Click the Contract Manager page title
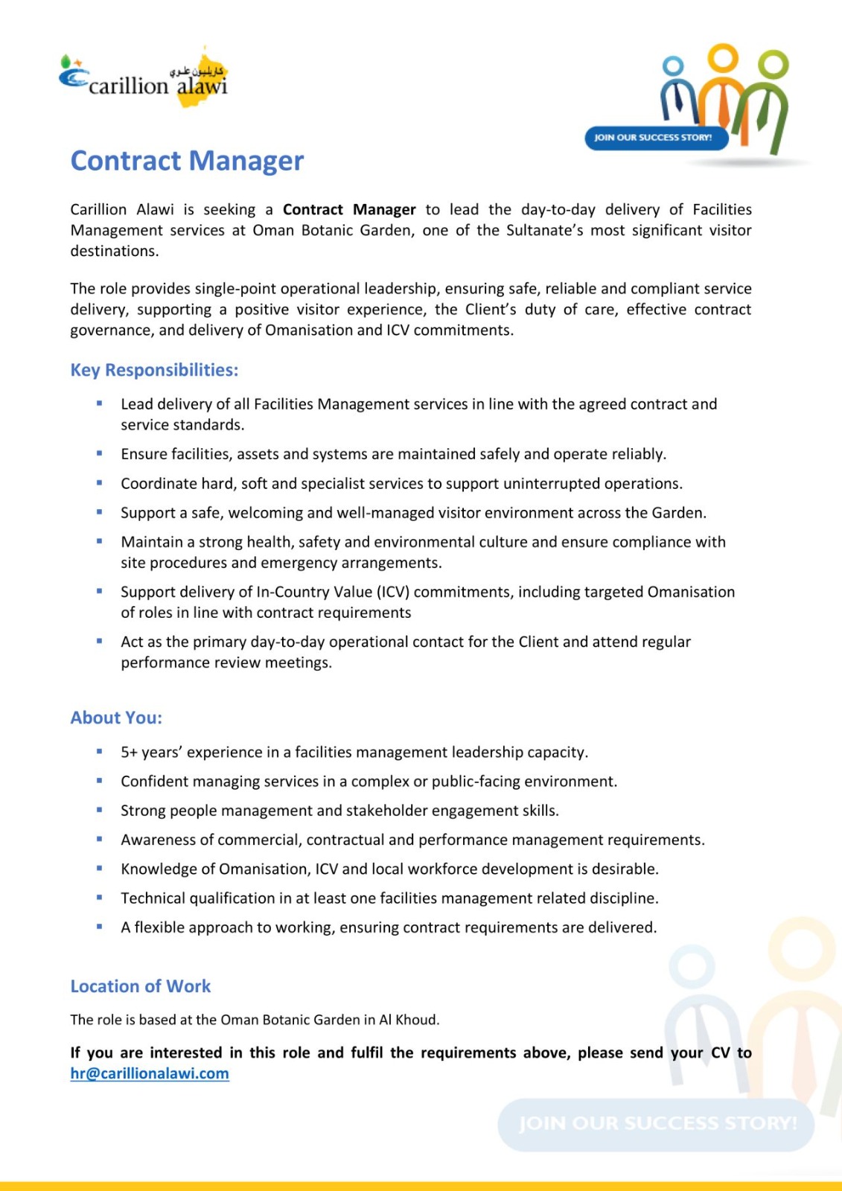tap(187, 161)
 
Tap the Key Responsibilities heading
tap(154, 370)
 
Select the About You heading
tap(116, 718)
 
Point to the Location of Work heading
tap(141, 986)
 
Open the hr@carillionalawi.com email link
tap(150, 1073)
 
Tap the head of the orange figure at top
tap(722, 57)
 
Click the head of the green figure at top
tap(774, 64)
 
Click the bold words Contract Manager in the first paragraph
tap(349, 210)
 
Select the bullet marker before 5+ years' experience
tap(99, 752)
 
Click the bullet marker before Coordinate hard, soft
tap(99, 483)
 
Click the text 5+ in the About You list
tap(129, 753)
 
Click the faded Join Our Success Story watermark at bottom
tap(656, 1123)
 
